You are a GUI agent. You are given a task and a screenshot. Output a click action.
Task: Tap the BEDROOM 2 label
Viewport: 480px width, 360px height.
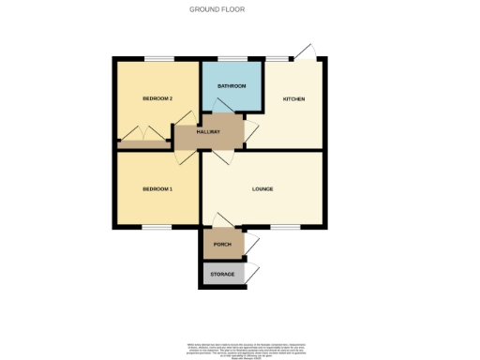coord(157,98)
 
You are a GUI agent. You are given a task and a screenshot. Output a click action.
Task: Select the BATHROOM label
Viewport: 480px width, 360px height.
coord(231,86)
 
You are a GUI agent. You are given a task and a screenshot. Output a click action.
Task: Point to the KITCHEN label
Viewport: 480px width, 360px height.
coord(294,98)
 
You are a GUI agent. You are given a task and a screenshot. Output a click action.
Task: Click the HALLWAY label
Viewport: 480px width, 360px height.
coord(208,134)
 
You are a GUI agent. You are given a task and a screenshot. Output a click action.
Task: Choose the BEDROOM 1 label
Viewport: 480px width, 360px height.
coord(157,188)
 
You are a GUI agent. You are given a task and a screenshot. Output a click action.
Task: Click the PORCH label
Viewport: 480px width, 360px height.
coord(222,244)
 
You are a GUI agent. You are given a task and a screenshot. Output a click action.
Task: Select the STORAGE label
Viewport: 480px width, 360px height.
coord(222,274)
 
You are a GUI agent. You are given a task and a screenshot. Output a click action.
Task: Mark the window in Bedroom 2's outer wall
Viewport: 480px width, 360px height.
coord(157,59)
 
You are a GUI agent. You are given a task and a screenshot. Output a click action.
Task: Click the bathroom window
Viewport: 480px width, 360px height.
coord(231,59)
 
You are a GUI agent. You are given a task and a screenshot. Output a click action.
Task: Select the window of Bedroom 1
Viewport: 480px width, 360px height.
coord(157,226)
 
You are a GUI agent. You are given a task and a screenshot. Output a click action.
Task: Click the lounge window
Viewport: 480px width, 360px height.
coord(286,226)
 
